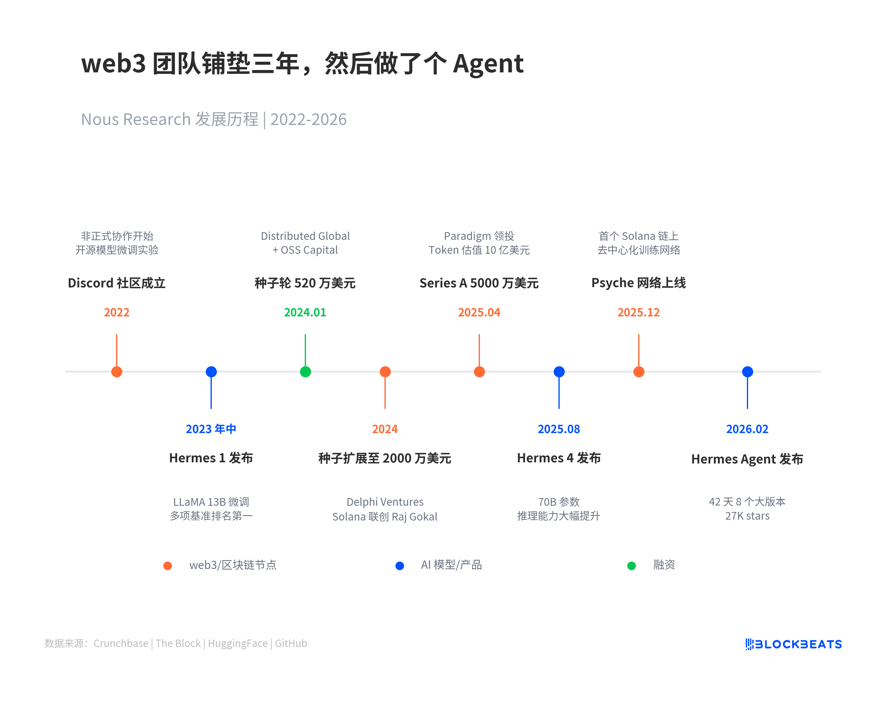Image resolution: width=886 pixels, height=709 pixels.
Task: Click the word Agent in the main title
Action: coord(488,64)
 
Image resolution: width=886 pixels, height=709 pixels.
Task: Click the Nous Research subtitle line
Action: coord(214,120)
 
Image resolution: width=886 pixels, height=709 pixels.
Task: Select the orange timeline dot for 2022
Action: coord(117,372)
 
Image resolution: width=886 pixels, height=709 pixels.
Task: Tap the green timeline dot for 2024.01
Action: coord(305,372)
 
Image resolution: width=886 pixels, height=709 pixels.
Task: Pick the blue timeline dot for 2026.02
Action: coord(747,372)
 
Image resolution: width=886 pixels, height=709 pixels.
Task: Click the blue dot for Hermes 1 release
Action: coord(211,372)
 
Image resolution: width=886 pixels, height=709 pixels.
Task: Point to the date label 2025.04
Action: coord(479,312)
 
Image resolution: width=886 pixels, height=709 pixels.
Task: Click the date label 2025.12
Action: coord(638,312)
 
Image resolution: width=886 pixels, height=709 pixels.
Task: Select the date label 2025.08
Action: coord(558,429)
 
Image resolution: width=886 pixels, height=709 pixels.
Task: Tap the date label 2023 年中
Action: coord(211,429)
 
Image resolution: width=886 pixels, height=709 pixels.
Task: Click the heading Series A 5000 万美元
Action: coord(479,283)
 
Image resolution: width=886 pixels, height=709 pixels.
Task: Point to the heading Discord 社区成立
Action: coord(116,283)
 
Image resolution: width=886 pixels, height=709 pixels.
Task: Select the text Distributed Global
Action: coord(305,236)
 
